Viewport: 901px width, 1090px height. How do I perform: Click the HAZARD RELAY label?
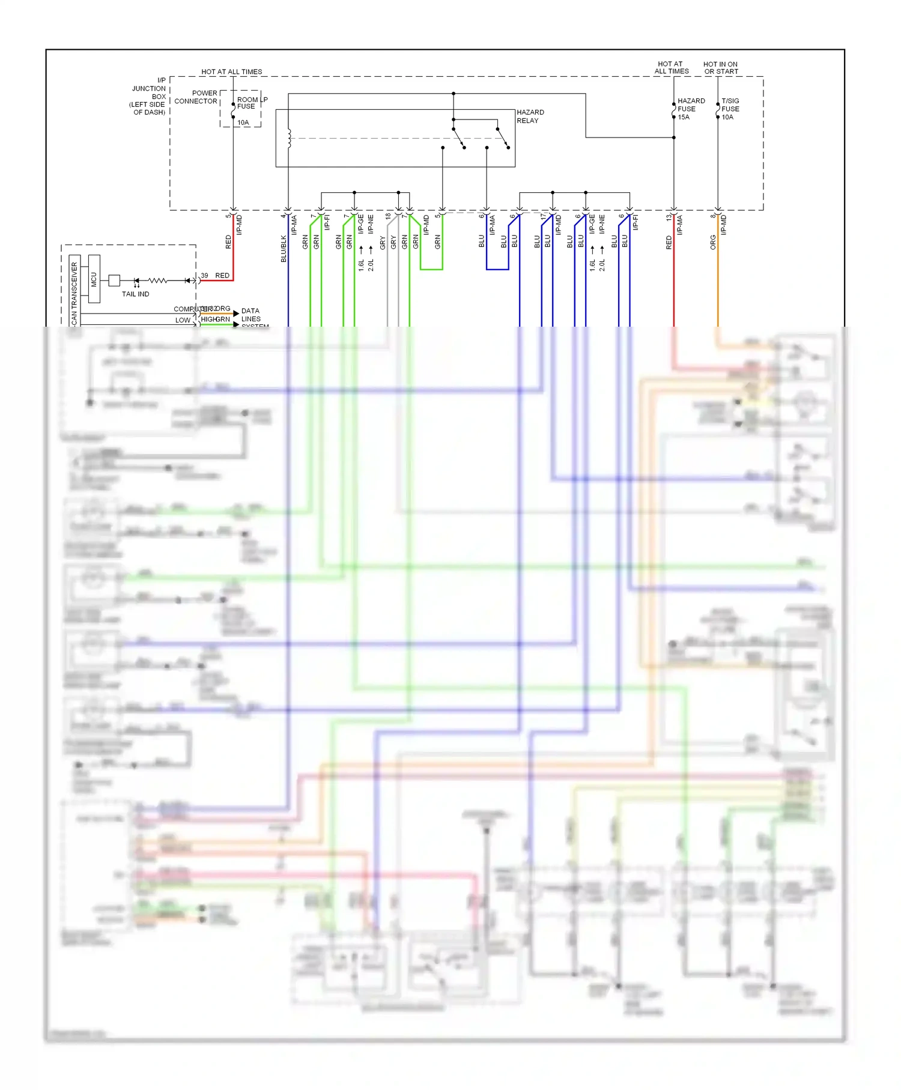click(530, 117)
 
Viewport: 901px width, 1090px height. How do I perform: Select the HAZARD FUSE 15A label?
click(691, 109)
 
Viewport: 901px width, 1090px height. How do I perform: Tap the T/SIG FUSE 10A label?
click(730, 109)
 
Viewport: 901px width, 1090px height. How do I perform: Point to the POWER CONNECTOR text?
click(196, 97)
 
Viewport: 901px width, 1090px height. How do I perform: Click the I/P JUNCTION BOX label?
click(148, 96)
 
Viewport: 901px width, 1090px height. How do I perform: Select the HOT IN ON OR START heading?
click(720, 68)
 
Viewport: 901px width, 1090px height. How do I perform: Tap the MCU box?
click(94, 279)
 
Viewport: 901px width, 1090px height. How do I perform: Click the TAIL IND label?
click(135, 294)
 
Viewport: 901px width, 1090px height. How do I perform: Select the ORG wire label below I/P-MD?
click(713, 243)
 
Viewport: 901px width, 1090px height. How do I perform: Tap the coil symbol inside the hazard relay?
click(289, 138)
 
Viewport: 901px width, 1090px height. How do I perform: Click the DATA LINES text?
click(250, 315)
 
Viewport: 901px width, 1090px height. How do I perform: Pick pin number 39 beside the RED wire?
click(204, 276)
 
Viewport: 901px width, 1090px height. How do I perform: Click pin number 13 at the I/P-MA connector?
click(669, 217)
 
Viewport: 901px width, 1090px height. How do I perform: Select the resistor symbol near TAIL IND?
click(157, 280)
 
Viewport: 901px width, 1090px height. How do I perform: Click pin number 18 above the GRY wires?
click(389, 216)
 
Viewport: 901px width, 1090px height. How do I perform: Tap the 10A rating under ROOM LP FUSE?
click(243, 123)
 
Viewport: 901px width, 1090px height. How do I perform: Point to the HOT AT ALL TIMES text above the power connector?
click(231, 71)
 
